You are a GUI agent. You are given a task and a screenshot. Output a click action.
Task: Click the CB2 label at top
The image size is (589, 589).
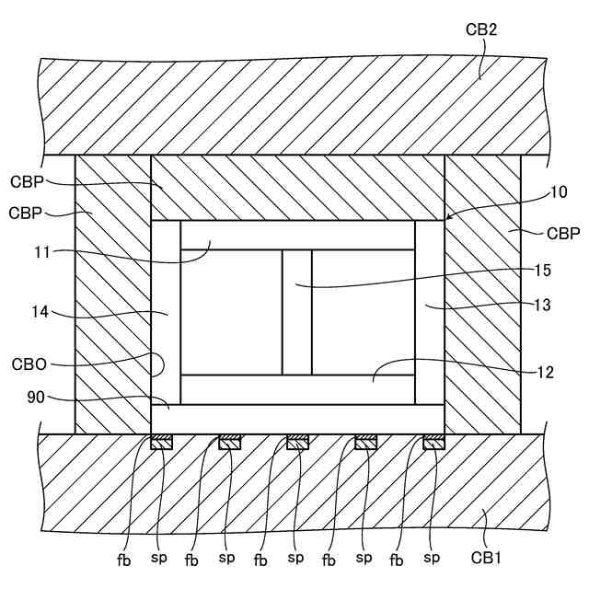tap(481, 29)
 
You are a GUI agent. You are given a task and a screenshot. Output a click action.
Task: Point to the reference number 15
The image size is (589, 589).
tap(542, 271)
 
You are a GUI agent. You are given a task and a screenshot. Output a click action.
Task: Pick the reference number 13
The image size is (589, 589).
tap(542, 306)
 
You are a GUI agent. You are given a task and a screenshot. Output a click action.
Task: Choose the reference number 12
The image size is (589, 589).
tap(546, 373)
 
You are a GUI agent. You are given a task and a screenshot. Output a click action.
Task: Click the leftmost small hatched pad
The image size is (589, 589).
tap(161, 443)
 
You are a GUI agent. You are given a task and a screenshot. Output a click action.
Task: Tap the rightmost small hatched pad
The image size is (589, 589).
tap(433, 443)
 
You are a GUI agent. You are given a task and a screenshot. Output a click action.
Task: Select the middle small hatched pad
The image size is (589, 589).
tap(297, 443)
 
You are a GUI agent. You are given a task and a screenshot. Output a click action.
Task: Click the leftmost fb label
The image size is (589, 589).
tap(124, 558)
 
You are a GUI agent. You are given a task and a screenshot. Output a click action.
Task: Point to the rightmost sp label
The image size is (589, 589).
tap(432, 558)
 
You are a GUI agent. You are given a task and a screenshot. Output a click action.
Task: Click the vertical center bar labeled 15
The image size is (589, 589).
tap(296, 312)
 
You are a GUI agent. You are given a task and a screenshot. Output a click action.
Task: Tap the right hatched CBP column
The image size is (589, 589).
tap(482, 294)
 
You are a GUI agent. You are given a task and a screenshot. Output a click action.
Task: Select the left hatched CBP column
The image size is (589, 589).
tap(112, 294)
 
